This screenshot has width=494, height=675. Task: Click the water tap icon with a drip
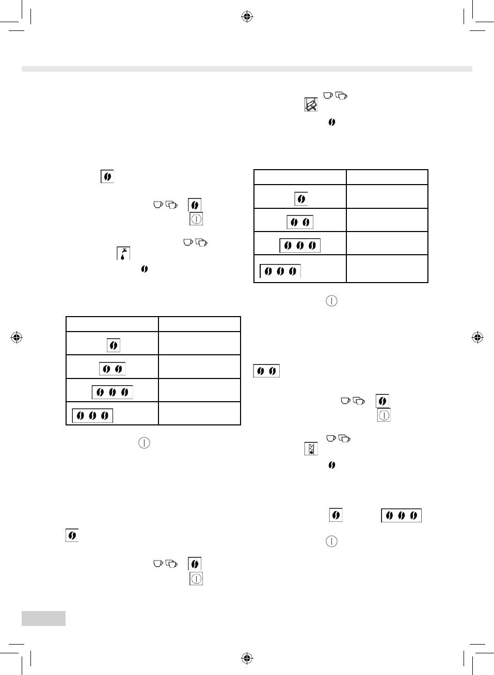point(123,253)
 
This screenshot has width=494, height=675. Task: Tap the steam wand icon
point(311,105)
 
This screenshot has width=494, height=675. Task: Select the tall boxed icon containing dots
point(311,449)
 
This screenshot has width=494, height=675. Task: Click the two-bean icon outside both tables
point(266,371)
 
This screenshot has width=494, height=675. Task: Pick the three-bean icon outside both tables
point(401,515)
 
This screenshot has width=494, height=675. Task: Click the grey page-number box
point(43,618)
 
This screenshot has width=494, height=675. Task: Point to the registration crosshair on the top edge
point(247,17)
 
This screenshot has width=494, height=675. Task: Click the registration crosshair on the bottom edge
point(247,658)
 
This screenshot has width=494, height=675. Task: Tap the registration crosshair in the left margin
point(17,338)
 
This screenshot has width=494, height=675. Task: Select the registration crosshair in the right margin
point(477,338)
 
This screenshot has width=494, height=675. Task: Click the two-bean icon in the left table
point(113,369)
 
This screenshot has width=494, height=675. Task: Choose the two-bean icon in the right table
point(300,222)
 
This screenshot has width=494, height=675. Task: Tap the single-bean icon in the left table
point(113,345)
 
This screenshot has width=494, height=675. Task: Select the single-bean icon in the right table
point(301,199)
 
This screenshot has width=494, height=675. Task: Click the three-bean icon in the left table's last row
point(92,416)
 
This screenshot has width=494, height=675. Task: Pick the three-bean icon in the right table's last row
point(280,271)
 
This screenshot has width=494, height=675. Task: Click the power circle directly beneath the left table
point(144,443)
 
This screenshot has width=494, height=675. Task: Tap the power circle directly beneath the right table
point(331,301)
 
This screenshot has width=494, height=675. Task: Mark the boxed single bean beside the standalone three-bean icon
point(336,515)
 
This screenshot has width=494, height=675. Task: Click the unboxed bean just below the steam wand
point(332,122)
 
